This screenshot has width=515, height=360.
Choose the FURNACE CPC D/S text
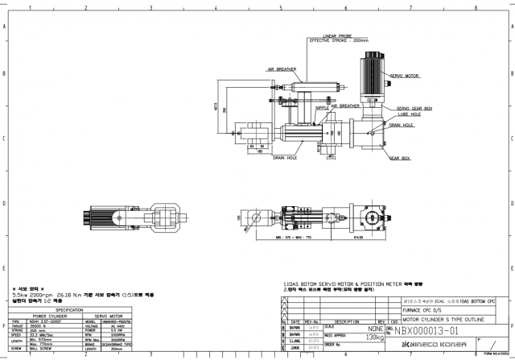tap(425, 308)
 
